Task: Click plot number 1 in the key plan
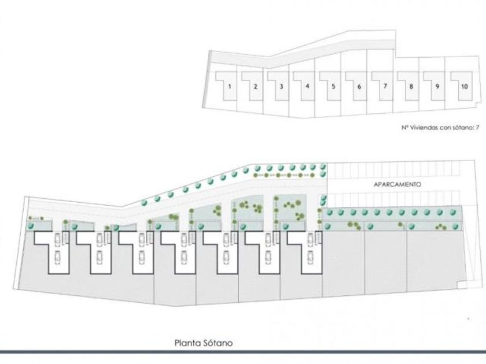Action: [x=230, y=87]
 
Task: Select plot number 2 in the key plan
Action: [x=255, y=87]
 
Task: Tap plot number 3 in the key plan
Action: [x=281, y=87]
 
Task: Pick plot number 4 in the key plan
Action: [x=307, y=87]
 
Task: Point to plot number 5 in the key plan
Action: [x=333, y=87]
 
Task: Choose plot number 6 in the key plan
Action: [x=359, y=87]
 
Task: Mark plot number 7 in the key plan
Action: [x=385, y=87]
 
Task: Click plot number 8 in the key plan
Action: [x=411, y=87]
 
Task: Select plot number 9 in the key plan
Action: [x=437, y=87]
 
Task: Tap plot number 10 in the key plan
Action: [x=463, y=87]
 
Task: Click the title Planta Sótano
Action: [x=203, y=343]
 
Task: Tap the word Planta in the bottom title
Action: [x=187, y=343]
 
